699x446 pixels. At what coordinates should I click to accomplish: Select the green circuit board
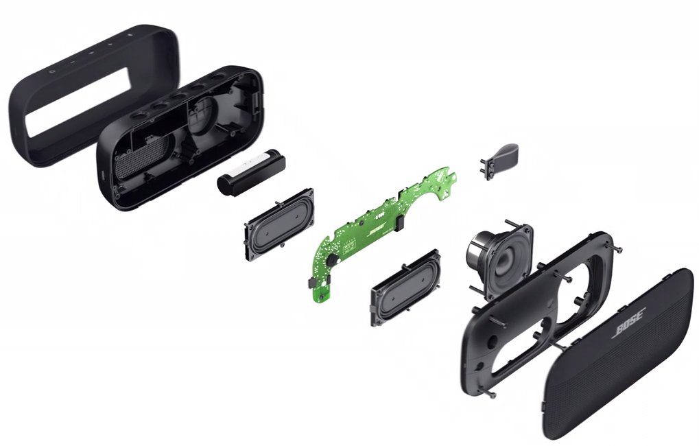click(x=370, y=233)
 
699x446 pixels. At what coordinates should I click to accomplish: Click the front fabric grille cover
click(x=617, y=357)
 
